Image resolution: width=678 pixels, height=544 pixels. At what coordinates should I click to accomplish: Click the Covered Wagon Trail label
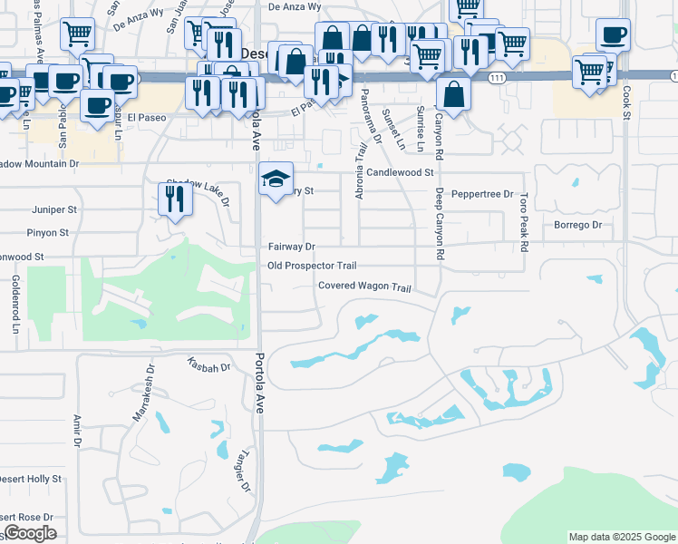pyautogui.click(x=364, y=287)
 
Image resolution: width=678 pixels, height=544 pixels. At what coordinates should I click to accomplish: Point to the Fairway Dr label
pyautogui.click(x=291, y=247)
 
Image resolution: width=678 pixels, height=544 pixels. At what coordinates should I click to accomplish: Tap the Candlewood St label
pyautogui.click(x=400, y=171)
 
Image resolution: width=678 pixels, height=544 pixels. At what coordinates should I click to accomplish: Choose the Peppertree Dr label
pyautogui.click(x=482, y=194)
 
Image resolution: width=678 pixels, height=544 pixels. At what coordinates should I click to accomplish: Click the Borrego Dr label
pyautogui.click(x=578, y=224)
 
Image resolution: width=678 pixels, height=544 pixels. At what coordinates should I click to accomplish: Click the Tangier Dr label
pyautogui.click(x=244, y=472)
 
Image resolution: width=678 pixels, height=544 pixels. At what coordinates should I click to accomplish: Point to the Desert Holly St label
pyautogui.click(x=32, y=478)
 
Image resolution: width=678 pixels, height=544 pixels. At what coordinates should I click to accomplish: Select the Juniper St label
pyautogui.click(x=50, y=209)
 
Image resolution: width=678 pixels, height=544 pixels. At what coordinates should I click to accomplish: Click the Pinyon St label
pyautogui.click(x=50, y=233)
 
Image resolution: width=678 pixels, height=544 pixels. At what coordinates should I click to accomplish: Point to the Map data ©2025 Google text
pyautogui.click(x=622, y=537)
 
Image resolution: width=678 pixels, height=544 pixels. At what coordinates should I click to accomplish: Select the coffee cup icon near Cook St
pyautogui.click(x=614, y=34)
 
